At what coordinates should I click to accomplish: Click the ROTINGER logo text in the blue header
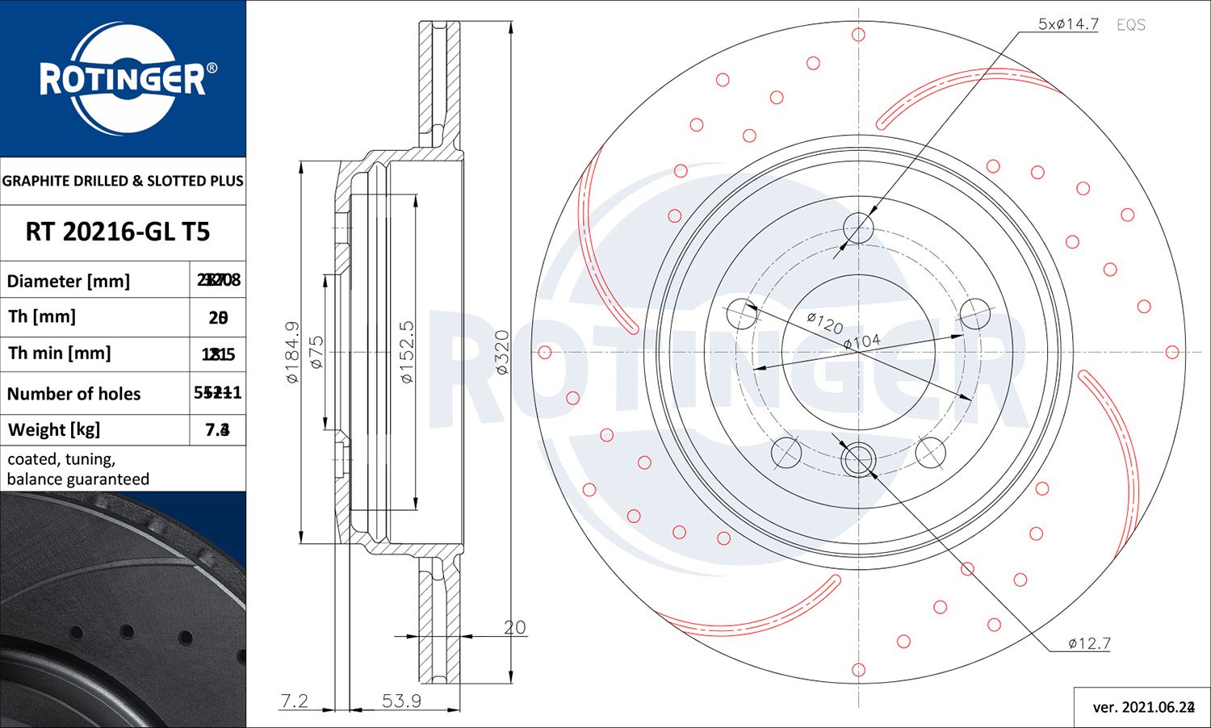point(123,79)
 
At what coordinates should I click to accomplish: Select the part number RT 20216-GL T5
point(118,232)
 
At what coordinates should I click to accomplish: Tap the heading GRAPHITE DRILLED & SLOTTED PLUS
point(123,181)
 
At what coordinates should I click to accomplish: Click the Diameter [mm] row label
point(69,281)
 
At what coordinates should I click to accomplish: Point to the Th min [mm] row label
point(60,353)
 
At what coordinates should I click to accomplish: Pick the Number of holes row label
point(73,393)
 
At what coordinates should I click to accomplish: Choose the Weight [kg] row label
point(54,429)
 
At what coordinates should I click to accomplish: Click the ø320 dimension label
point(502,352)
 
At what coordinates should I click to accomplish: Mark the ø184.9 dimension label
point(292,352)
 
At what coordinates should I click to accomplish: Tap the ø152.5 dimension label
point(407,352)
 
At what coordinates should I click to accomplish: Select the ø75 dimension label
point(316,352)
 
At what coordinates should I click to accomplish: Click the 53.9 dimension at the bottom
point(401,701)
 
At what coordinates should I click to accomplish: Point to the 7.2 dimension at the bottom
point(294,701)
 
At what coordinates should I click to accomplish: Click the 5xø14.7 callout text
point(1067,24)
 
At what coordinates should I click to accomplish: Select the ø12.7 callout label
point(1089,643)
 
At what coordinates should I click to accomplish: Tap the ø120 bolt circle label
point(824,323)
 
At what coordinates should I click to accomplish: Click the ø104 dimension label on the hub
point(861,341)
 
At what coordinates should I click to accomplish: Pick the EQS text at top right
point(1130,25)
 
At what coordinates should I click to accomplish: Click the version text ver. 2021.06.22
point(1142,707)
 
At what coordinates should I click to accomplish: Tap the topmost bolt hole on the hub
point(858,227)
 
